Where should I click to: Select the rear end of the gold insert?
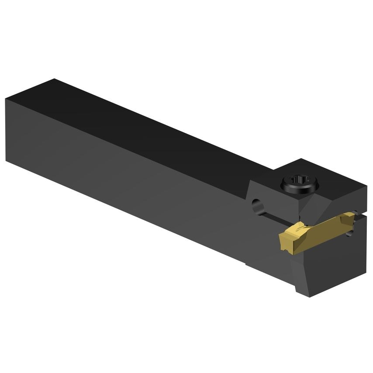[350, 216]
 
